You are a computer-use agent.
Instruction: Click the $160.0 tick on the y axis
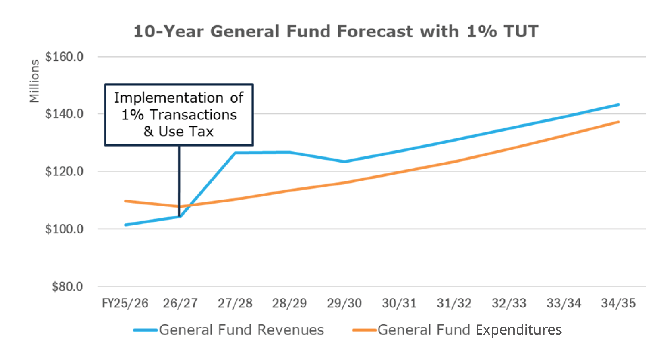(64, 57)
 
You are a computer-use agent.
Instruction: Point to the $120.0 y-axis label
(64, 171)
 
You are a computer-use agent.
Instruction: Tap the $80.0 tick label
(67, 286)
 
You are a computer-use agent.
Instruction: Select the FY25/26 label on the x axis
(125, 303)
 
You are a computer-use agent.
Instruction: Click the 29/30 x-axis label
(344, 303)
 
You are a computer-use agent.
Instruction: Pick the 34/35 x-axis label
(618, 303)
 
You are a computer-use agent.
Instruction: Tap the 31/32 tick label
(454, 303)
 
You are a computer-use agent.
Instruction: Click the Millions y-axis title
(34, 81)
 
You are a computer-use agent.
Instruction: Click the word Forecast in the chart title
(375, 32)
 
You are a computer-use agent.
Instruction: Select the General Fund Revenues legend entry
(229, 330)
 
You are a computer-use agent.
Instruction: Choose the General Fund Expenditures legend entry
(457, 330)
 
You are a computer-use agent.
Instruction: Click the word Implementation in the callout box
(169, 98)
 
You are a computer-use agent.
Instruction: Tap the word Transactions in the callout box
(193, 115)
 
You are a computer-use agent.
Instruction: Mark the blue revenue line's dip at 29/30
(344, 162)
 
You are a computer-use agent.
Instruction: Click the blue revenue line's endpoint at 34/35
(619, 105)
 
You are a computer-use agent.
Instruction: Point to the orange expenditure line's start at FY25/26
(126, 201)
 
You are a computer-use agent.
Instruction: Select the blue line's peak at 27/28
(235, 153)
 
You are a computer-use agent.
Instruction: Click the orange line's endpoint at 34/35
(619, 122)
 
